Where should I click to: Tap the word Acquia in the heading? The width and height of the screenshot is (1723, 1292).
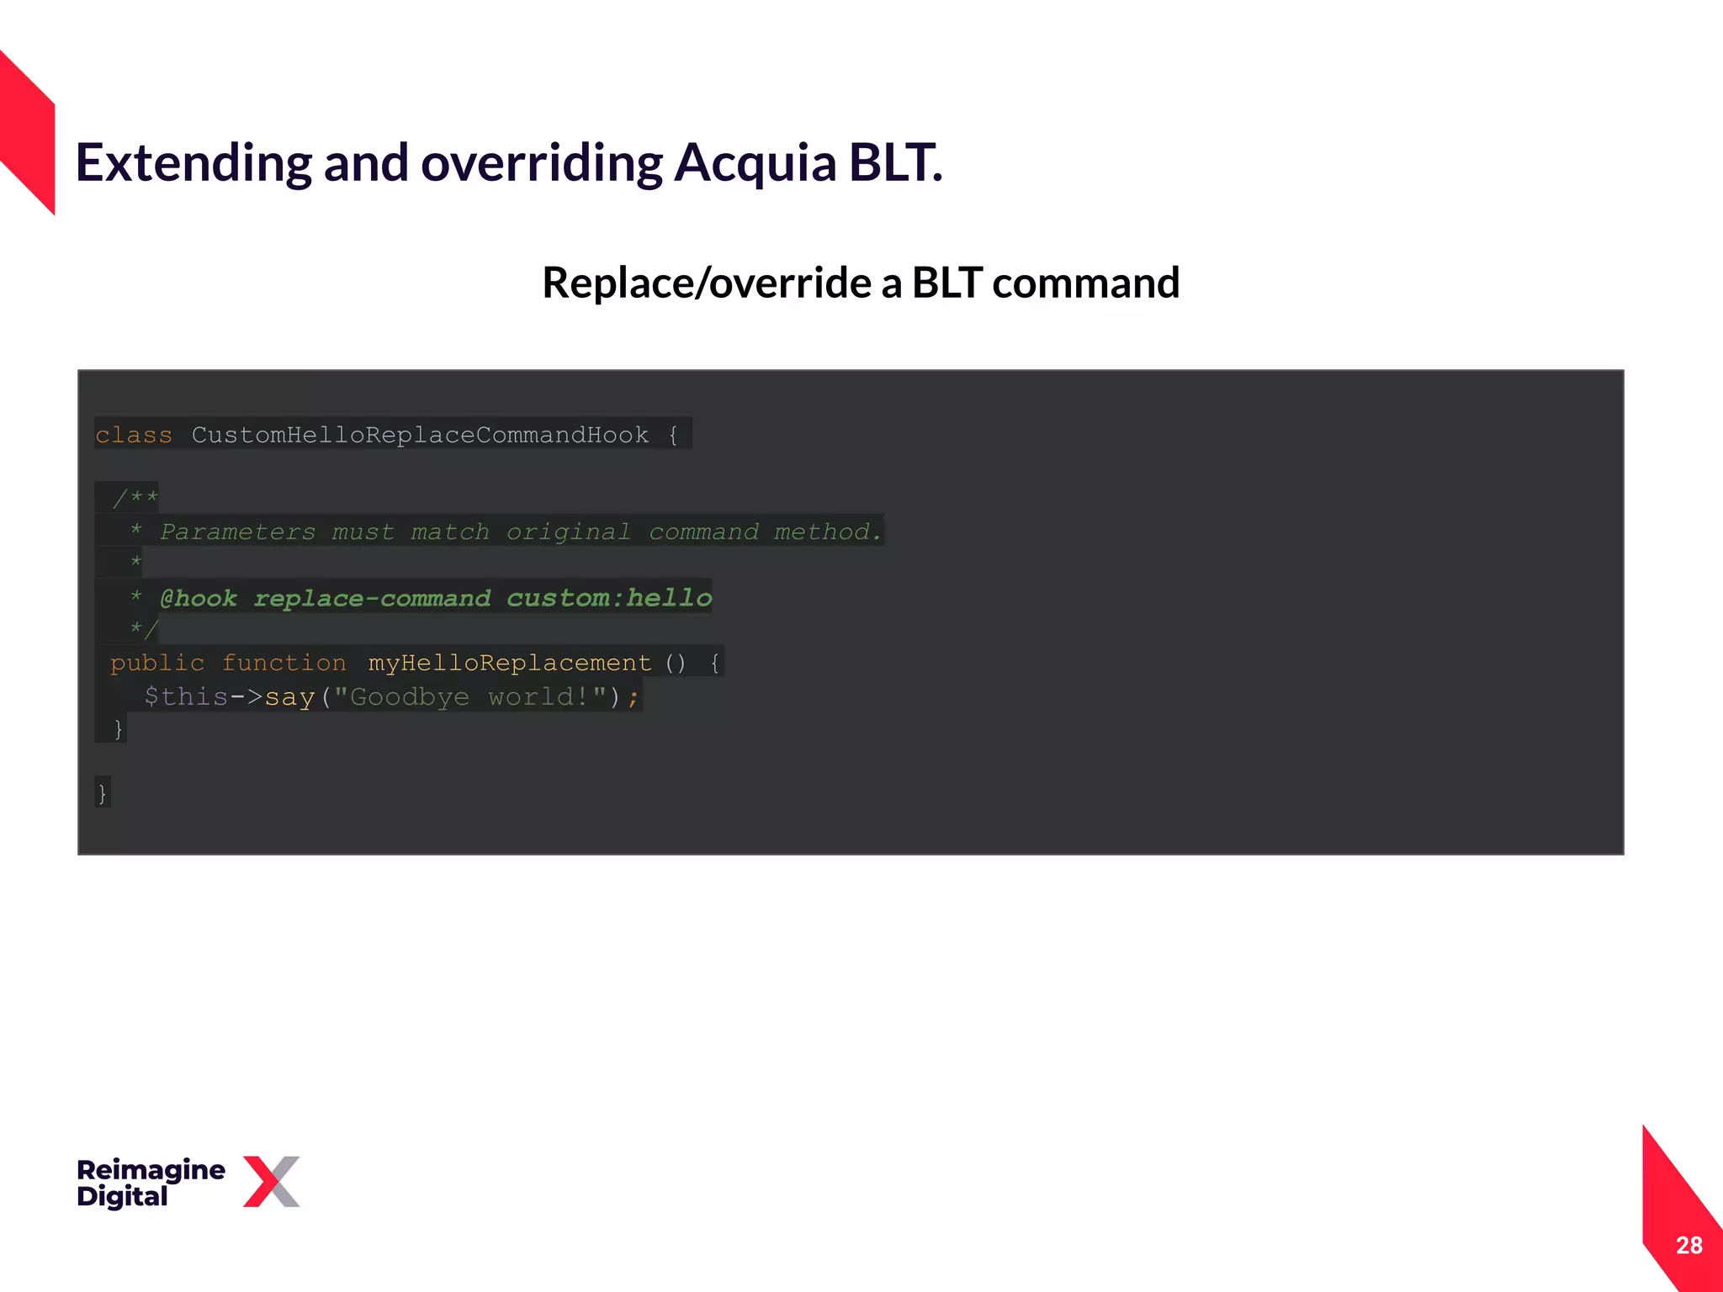755,162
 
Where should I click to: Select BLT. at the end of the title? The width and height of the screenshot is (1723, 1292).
895,162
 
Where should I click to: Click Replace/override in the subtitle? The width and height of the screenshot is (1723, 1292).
706,283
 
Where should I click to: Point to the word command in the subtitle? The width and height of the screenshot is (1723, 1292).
1085,283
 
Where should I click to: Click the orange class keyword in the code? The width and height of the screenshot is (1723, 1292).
133,435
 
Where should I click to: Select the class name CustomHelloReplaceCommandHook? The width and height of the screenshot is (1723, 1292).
420,435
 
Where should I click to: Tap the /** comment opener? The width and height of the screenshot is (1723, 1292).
135,498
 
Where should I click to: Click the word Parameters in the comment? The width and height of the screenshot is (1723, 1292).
237,532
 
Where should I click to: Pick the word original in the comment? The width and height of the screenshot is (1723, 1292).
568,532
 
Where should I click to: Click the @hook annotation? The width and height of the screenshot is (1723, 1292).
199,598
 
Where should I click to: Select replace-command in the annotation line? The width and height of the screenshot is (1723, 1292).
372,598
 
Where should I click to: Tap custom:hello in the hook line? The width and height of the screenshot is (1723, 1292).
609,598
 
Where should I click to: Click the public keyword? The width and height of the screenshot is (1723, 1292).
156,663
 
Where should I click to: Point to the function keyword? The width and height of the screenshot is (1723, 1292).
284,663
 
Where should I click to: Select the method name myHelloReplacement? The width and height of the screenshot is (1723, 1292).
509,663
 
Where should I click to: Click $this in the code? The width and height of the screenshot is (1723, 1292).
186,696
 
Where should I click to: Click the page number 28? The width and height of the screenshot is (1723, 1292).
1689,1245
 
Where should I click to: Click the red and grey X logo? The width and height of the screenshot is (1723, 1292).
272,1181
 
